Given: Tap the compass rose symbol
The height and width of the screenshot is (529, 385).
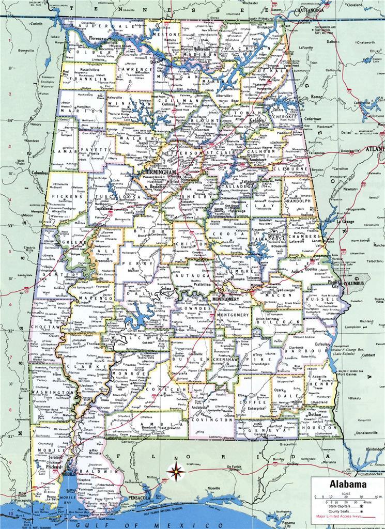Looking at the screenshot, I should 176,470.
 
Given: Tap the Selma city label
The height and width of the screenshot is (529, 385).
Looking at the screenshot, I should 167,287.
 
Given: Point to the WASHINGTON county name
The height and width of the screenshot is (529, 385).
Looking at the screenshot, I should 52,392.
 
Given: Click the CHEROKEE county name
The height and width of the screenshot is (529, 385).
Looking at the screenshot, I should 285,117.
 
